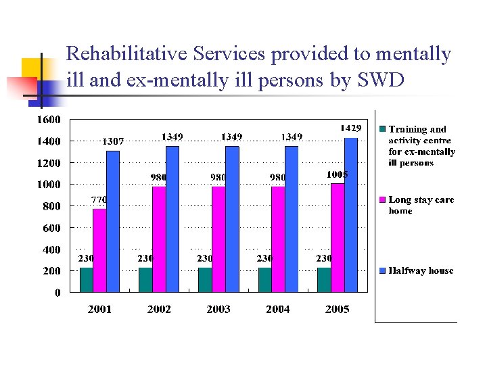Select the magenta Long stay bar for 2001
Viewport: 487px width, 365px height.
(x=99, y=250)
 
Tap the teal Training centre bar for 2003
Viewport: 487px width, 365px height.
(x=205, y=280)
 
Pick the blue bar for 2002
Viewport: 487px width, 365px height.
(x=172, y=219)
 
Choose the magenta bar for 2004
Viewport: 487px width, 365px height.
(x=278, y=239)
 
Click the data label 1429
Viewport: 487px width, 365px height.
(x=350, y=128)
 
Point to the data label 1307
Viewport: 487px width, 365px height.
(x=112, y=141)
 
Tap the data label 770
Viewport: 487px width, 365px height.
(x=99, y=200)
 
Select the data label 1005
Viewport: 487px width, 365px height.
(x=337, y=174)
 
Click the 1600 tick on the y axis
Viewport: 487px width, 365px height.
(x=48, y=120)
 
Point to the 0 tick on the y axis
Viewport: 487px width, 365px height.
(x=57, y=293)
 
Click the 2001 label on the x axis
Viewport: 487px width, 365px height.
(x=99, y=309)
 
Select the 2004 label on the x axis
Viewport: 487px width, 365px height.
(x=278, y=309)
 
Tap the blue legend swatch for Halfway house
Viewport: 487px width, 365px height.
(x=382, y=270)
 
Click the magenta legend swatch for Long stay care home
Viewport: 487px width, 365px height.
(x=382, y=200)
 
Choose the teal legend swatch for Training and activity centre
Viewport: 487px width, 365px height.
(x=382, y=129)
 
